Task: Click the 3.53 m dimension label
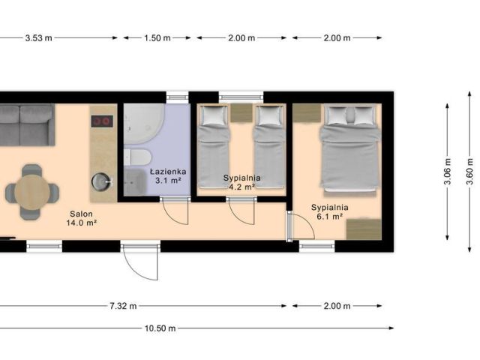pyautogui.click(x=38, y=38)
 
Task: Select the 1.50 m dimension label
pyautogui.click(x=157, y=38)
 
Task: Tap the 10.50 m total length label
pyautogui.click(x=160, y=328)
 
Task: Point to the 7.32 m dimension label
pyautogui.click(x=123, y=306)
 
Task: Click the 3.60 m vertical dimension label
pyautogui.click(x=470, y=172)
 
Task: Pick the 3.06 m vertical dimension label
pyautogui.click(x=448, y=172)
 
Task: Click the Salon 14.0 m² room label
pyautogui.click(x=82, y=218)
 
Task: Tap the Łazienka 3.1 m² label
pyautogui.click(x=168, y=176)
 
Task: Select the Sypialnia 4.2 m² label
pyautogui.click(x=241, y=182)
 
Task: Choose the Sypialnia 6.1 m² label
pyautogui.click(x=330, y=211)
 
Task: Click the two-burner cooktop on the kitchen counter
pyautogui.click(x=102, y=121)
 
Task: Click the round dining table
pyautogui.click(x=31, y=192)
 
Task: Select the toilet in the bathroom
pyautogui.click(x=138, y=157)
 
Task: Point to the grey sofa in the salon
pyautogui.click(x=27, y=125)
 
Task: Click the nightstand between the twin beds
pyautogui.click(x=241, y=113)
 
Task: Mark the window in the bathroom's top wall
pyautogui.click(x=177, y=97)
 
